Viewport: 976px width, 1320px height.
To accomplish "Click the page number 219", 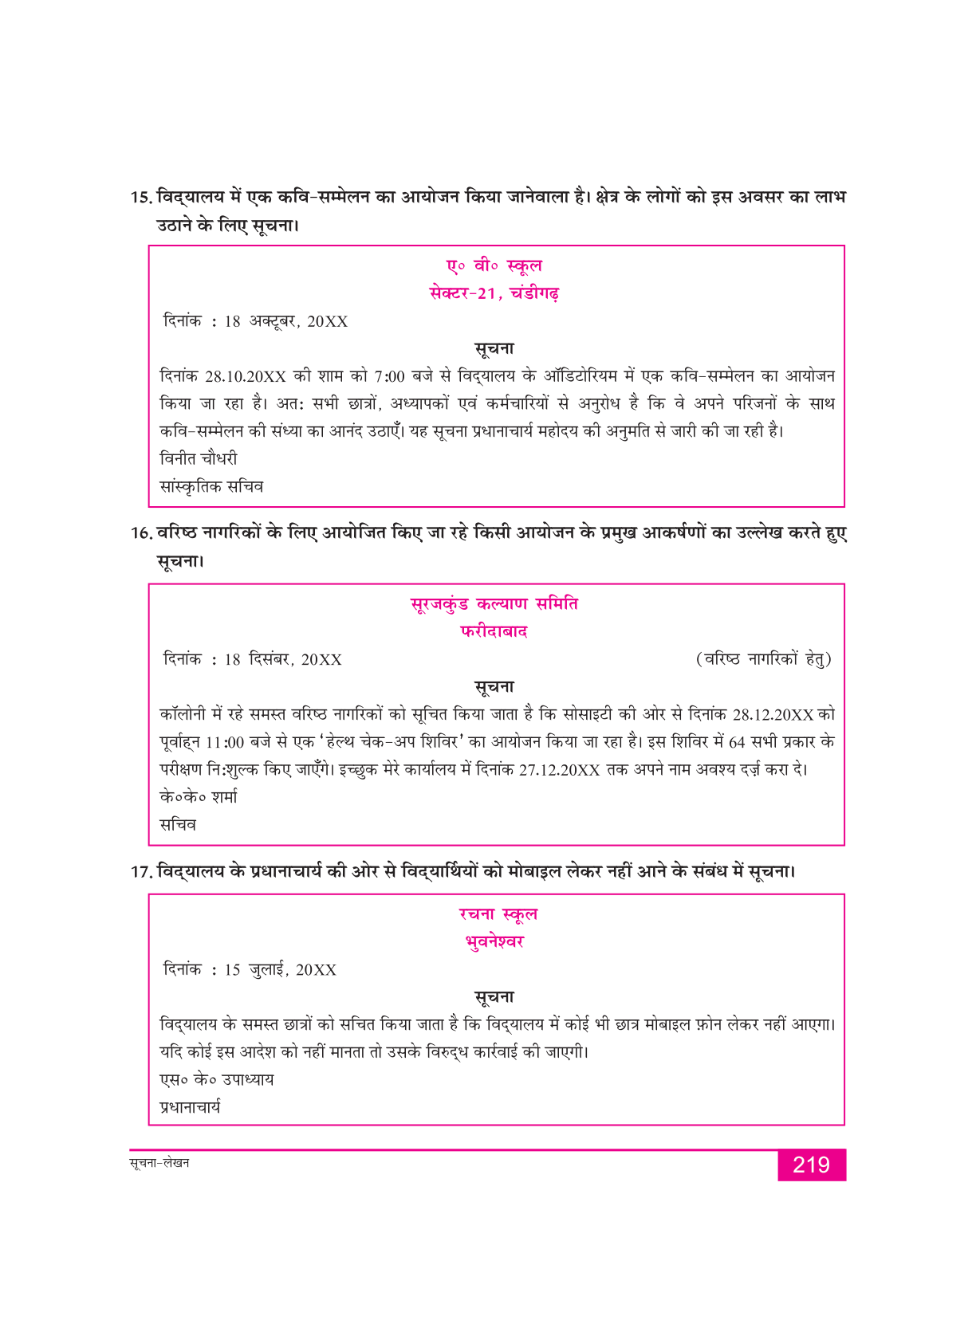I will pos(811,1165).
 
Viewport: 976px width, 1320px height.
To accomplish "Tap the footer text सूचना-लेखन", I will pos(159,1163).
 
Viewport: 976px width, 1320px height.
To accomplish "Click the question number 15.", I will pos(140,197).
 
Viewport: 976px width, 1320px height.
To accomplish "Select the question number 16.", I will pos(141,533).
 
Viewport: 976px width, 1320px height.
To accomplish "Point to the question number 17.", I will pos(141,872).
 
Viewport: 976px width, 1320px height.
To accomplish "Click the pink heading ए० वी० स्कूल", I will pos(494,265).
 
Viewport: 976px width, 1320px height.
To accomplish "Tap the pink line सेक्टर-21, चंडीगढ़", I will pos(494,293).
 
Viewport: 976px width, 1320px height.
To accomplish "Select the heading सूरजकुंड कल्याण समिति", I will pos(494,604).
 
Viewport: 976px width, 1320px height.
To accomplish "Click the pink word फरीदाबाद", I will pos(494,632).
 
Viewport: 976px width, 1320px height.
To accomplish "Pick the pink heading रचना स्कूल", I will pos(498,914).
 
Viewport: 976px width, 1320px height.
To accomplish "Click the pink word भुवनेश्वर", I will pos(494,942).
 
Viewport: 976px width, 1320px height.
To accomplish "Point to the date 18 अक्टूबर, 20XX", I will pos(286,321).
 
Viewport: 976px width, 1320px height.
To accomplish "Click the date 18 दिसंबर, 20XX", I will pos(283,659).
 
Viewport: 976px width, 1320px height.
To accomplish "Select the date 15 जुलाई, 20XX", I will pos(280,970).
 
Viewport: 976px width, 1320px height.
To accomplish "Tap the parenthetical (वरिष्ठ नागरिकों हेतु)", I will pos(763,659).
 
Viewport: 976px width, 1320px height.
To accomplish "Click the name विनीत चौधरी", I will pos(199,459).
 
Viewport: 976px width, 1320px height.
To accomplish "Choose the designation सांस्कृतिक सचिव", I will pos(211,486).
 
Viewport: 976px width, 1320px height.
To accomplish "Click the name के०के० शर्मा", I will pos(199,797).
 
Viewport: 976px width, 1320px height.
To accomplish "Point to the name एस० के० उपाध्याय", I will pos(217,1080).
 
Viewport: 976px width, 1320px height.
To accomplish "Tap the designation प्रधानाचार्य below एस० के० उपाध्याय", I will pos(191,1107).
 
